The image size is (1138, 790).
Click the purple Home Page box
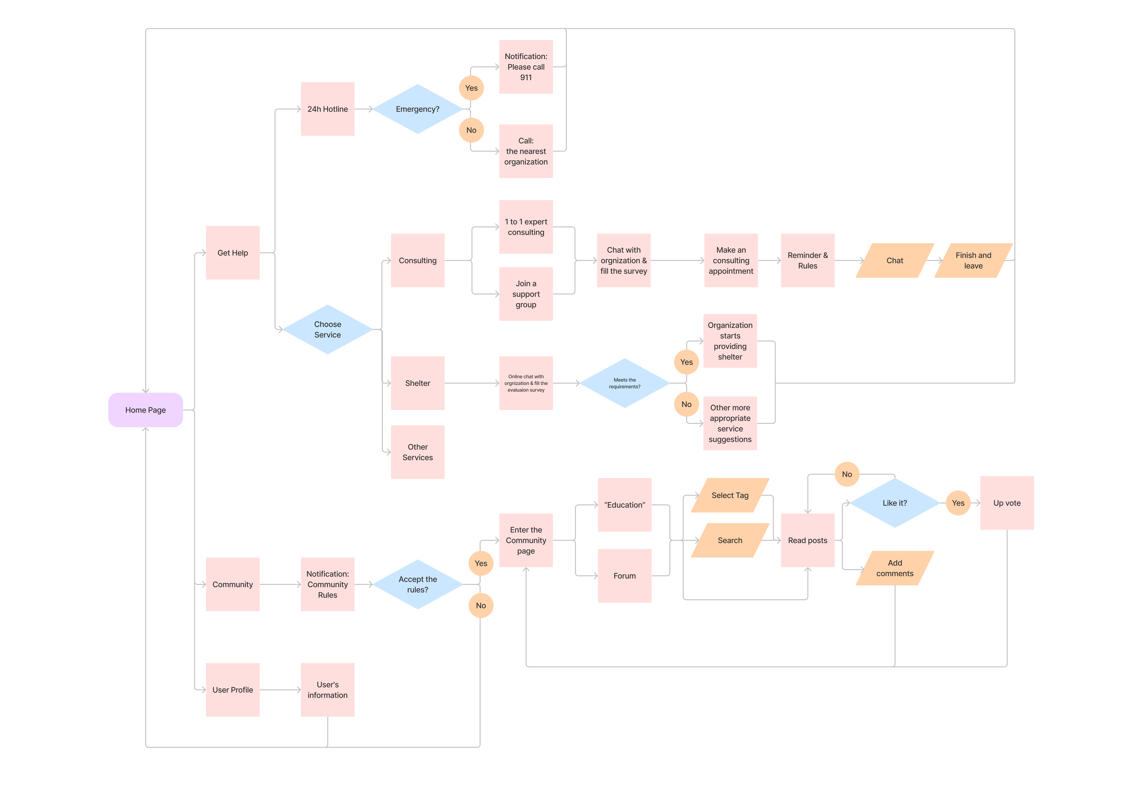tap(145, 410)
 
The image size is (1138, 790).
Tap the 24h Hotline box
tap(328, 109)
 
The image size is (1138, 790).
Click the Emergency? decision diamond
tap(418, 109)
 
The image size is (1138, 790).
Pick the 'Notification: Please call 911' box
tap(526, 67)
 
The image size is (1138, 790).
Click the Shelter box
tap(418, 383)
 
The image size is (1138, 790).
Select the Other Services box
tap(418, 452)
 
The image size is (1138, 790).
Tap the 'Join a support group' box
tap(526, 294)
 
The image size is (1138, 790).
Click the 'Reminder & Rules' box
tap(808, 260)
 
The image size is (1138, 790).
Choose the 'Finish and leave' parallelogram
tap(973, 260)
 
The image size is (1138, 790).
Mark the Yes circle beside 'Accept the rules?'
tap(481, 563)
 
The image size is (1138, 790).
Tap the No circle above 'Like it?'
tap(847, 474)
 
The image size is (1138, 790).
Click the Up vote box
tap(1007, 503)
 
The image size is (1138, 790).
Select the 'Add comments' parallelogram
tap(895, 568)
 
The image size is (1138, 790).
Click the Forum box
tap(624, 576)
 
